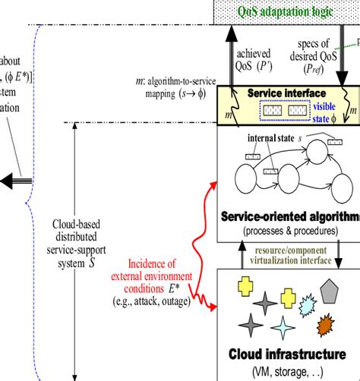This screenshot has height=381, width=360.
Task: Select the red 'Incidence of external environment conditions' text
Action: (x=153, y=274)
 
